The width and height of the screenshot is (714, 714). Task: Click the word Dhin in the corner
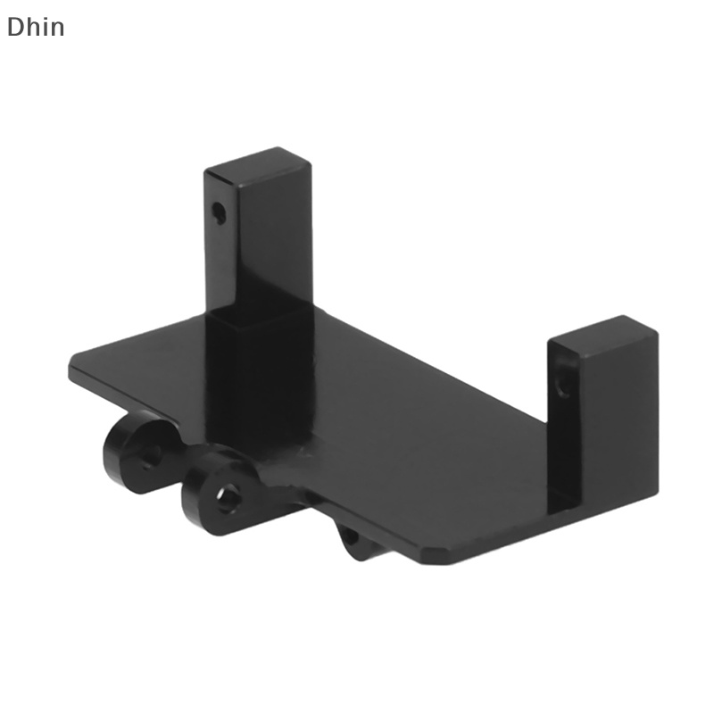36,27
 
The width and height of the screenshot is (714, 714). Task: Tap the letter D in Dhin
15,27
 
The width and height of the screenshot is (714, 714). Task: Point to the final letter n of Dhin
57,29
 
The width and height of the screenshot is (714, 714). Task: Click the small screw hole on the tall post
217,212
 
